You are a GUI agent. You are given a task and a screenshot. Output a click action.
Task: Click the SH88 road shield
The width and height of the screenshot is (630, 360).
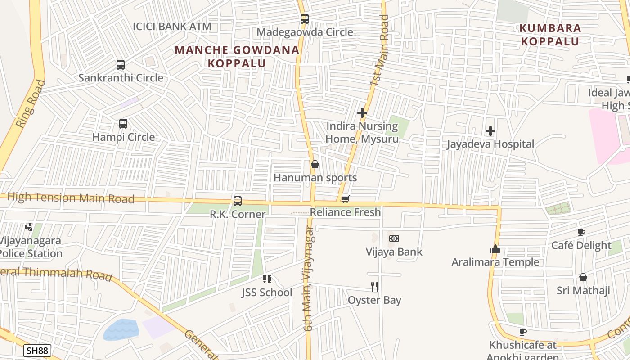click(x=37, y=351)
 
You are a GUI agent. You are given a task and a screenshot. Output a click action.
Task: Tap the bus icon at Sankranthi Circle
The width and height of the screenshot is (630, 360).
click(x=120, y=65)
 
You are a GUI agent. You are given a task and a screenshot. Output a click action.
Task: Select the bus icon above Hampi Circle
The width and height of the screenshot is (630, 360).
click(x=123, y=124)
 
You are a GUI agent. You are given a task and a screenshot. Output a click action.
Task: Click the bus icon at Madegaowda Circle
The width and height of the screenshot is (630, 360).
click(x=305, y=19)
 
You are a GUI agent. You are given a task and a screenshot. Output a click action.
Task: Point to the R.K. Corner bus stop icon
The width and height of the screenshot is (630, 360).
click(x=238, y=201)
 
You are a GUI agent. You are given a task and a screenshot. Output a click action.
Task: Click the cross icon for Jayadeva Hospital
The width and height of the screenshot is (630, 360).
click(x=490, y=131)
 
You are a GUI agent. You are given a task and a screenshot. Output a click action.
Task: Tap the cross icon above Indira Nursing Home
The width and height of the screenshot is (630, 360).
click(x=362, y=113)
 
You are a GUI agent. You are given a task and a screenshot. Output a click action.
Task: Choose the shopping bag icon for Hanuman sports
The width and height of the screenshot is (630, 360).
click(x=315, y=165)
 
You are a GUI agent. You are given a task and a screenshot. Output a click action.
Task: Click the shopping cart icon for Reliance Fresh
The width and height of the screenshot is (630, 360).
click(x=345, y=199)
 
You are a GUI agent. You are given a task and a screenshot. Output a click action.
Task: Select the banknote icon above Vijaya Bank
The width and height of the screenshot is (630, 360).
click(x=394, y=238)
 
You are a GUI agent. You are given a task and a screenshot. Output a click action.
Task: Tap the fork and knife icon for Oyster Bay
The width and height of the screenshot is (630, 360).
click(x=374, y=286)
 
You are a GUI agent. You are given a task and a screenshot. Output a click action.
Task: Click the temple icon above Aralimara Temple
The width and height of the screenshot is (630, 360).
click(x=495, y=249)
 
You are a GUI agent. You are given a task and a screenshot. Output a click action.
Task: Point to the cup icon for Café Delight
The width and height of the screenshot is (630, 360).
click(x=581, y=233)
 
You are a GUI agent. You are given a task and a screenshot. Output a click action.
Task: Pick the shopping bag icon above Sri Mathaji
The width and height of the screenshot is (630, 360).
click(x=583, y=277)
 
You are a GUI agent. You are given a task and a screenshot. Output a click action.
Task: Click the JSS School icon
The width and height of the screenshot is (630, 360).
click(x=267, y=279)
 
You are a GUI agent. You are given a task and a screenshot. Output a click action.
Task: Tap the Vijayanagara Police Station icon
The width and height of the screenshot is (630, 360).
click(x=30, y=227)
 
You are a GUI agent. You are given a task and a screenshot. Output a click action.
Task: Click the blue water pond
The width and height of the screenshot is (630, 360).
click(x=121, y=330)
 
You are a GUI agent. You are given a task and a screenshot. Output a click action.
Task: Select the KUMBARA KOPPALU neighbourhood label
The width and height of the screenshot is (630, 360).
click(x=550, y=35)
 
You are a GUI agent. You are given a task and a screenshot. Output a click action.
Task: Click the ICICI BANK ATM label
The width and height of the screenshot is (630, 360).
click(x=172, y=26)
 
